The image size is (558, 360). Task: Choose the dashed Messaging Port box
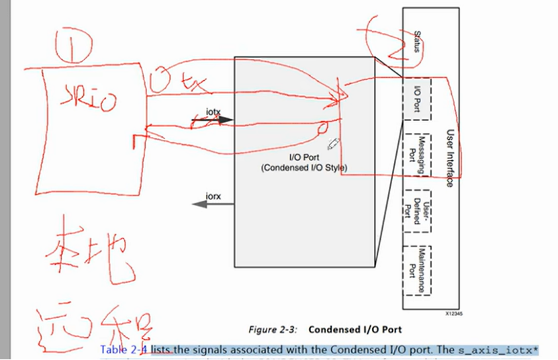point(416,153)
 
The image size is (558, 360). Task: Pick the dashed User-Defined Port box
point(416,208)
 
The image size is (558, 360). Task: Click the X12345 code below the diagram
point(455,314)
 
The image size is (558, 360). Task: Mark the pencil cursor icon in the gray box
point(333,144)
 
